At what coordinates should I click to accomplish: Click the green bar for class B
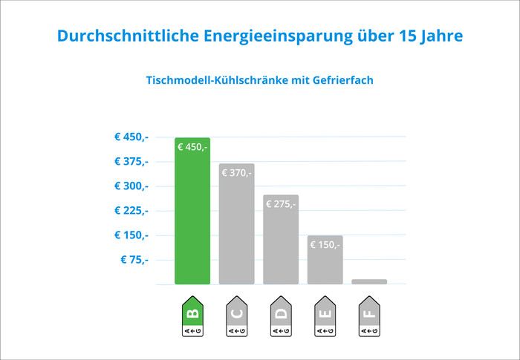(192, 211)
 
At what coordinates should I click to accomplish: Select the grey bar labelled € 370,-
(237, 223)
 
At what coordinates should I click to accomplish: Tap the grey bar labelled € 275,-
(281, 239)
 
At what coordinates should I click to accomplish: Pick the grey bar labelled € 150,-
(325, 260)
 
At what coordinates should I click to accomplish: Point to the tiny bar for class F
(369, 282)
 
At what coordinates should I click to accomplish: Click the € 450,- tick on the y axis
(131, 137)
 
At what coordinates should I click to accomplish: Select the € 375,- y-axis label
(131, 161)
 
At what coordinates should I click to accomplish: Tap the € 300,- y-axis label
(131, 186)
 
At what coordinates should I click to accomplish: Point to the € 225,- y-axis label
(131, 211)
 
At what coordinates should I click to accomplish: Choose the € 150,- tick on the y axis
(131, 235)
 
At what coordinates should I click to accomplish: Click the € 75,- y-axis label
(134, 260)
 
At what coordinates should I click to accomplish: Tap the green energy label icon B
(192, 316)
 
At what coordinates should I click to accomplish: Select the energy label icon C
(237, 316)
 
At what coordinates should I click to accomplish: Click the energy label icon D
(281, 316)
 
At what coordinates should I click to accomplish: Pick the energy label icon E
(325, 316)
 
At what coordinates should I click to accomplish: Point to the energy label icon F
(369, 316)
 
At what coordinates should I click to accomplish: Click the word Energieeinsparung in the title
(278, 36)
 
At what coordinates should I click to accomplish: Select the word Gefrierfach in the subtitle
(343, 80)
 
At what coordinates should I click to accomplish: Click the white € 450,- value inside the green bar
(192, 147)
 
